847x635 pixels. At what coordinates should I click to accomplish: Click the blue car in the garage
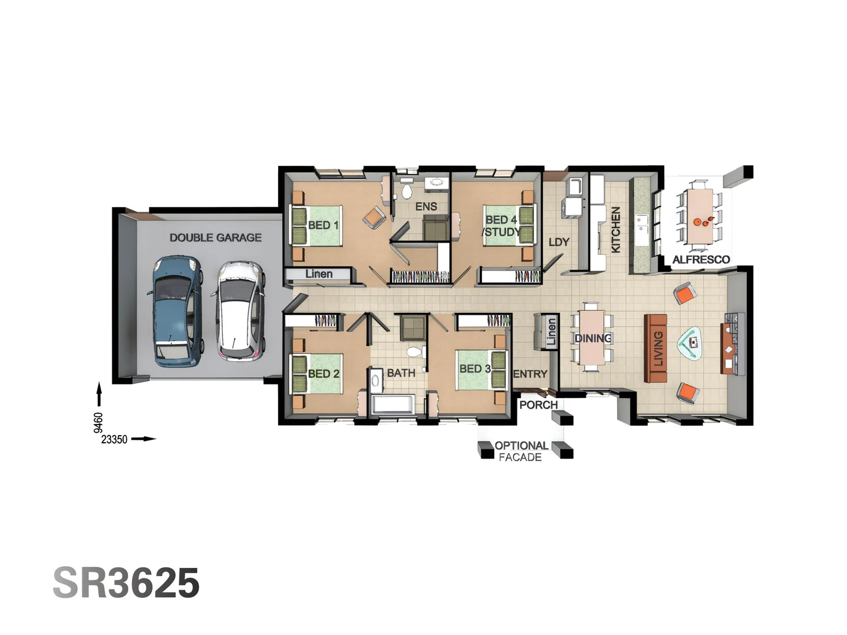pos(176,312)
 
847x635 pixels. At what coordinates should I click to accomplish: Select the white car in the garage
pos(239,310)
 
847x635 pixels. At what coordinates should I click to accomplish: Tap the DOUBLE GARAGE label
pos(215,238)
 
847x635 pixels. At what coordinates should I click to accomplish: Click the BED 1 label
pos(323,225)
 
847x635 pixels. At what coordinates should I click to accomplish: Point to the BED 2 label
pos(324,374)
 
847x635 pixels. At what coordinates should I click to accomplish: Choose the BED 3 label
pos(475,369)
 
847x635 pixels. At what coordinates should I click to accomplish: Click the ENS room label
pos(426,206)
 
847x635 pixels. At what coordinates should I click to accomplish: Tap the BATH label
pos(401,373)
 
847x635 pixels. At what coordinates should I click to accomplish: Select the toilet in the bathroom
pos(415,352)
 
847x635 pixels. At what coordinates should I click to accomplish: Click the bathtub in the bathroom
pos(392,405)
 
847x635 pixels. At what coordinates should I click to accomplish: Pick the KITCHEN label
pos(616,229)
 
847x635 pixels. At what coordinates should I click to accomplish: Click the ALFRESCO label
pos(701,260)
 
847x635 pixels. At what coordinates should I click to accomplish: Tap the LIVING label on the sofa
pos(658,348)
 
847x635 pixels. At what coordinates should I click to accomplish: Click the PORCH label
pos(538,405)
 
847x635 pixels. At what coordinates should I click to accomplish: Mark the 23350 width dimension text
pos(114,439)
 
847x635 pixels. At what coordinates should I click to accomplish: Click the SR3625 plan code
pos(126,583)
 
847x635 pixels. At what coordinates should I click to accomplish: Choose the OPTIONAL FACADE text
pos(521,452)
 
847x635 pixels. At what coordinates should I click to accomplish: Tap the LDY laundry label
pos(559,242)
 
